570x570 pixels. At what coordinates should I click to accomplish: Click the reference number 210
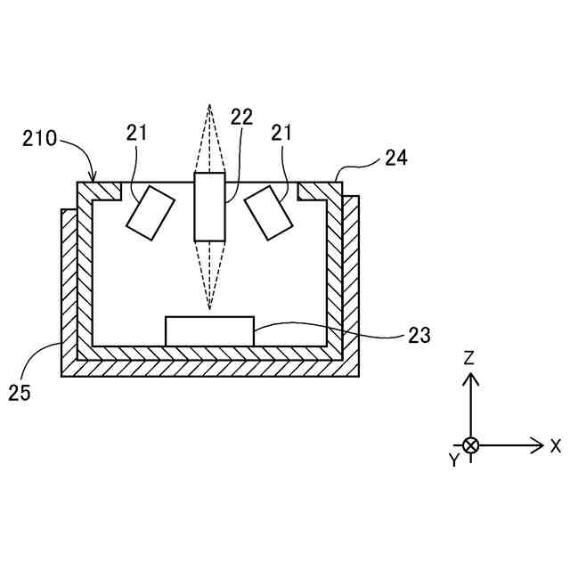pos(39,139)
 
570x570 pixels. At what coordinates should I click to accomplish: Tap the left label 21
pos(136,134)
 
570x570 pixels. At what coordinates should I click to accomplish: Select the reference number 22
pos(241,118)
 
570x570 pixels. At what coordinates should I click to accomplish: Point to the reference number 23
pos(419,335)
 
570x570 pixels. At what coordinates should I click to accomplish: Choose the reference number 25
pos(20,391)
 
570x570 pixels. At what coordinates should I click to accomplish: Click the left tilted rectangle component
pos(151,214)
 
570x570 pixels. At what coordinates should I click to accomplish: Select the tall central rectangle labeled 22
pos(209,207)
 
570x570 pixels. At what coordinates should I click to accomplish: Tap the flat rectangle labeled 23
pos(209,330)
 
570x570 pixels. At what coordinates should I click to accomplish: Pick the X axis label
pos(556,445)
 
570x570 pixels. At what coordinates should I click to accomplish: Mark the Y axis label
pos(453,460)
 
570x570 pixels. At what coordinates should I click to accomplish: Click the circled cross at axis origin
pos(471,445)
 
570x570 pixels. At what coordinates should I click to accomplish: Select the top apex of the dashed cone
pos(209,105)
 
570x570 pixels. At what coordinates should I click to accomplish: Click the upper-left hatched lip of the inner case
pos(103,191)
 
